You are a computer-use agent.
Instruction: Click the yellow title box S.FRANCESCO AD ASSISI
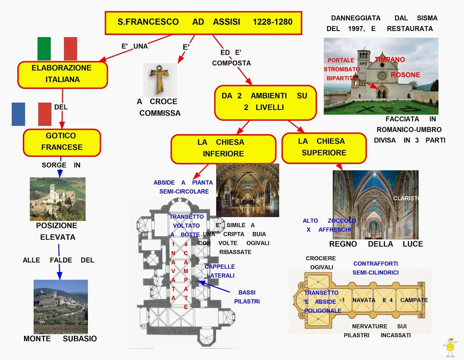tap(203, 23)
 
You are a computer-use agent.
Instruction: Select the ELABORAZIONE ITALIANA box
tap(62, 75)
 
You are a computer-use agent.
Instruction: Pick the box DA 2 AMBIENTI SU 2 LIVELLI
tap(265, 102)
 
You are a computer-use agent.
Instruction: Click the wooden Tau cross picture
tap(159, 80)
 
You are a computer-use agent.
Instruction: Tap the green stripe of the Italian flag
tap(44, 49)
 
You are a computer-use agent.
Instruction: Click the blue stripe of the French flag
tap(18, 114)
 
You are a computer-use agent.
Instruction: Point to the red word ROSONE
tap(405, 75)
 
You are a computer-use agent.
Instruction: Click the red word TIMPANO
tap(390, 60)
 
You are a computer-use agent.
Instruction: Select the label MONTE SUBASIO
tap(60, 339)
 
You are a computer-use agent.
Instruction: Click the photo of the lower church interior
tap(247, 190)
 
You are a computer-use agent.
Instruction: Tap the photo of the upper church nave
tap(375, 205)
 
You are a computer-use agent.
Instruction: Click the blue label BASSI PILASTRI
tap(247, 297)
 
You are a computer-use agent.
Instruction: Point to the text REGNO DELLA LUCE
tap(376, 244)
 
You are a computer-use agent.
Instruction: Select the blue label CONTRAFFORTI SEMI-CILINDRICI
tap(376, 268)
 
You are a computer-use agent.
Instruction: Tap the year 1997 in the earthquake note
tap(356, 29)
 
